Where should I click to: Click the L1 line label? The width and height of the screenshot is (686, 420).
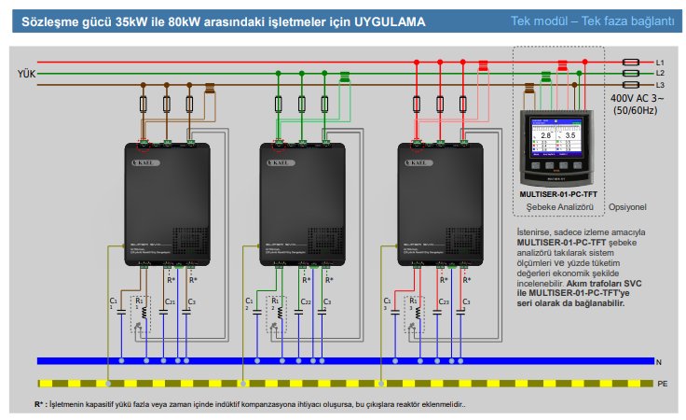point(660,62)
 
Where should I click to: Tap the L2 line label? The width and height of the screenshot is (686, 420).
point(660,73)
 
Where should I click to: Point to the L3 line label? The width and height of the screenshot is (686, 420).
point(660,85)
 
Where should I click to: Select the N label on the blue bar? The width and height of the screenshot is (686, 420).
point(657,360)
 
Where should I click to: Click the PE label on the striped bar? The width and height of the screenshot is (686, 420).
point(662,383)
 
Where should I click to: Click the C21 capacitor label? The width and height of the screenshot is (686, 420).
point(170,301)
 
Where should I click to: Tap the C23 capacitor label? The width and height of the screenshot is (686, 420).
point(443,301)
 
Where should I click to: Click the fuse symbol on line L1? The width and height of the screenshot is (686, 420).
point(631,62)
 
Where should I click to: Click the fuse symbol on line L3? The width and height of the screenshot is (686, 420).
point(631,84)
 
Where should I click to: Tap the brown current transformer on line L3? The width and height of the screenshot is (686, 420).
point(211,90)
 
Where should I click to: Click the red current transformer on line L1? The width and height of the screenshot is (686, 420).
point(483,66)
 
